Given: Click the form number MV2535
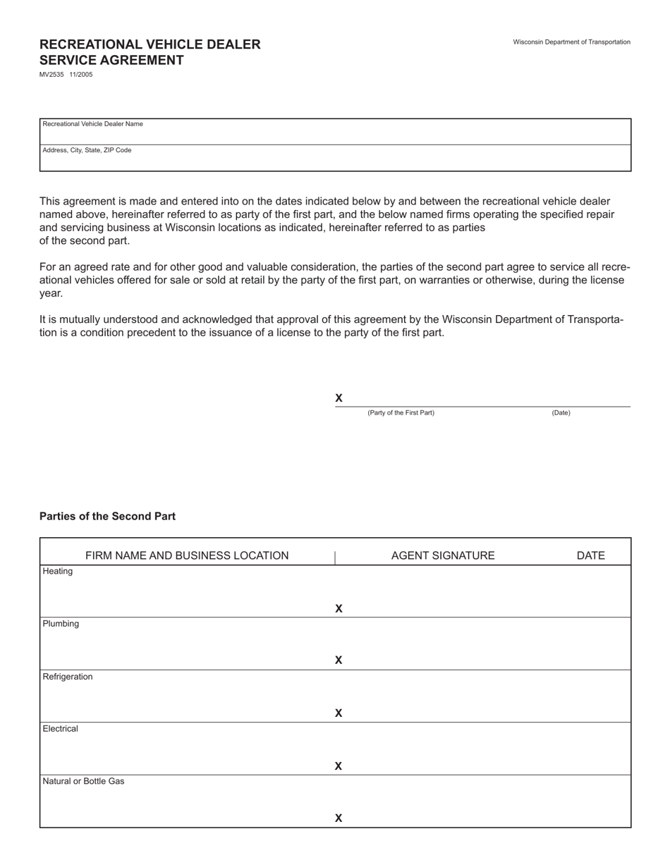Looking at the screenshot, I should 51,75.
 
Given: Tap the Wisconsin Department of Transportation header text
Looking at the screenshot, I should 571,42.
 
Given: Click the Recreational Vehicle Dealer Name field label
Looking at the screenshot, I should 92,124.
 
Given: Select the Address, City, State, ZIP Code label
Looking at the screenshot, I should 87,150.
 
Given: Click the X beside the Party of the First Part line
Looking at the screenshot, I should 339,398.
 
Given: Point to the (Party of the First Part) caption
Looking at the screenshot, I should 401,413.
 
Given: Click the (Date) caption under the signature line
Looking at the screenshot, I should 561,413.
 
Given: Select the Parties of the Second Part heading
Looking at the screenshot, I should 107,517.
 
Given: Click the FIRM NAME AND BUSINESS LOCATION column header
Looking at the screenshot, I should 187,555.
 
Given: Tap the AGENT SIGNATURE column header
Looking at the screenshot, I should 443,555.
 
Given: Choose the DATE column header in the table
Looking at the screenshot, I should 590,555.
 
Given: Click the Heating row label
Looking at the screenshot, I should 58,572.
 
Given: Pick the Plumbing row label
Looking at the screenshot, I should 61,624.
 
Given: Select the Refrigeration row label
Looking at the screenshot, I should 68,677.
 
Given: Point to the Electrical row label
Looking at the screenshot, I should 60,729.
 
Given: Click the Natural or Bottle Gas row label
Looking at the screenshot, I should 83,782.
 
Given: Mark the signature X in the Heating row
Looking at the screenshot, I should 339,608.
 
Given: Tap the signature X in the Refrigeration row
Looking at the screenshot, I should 339,713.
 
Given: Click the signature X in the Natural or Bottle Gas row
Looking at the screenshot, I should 339,818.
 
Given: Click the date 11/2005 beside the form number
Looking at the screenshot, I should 81,75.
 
